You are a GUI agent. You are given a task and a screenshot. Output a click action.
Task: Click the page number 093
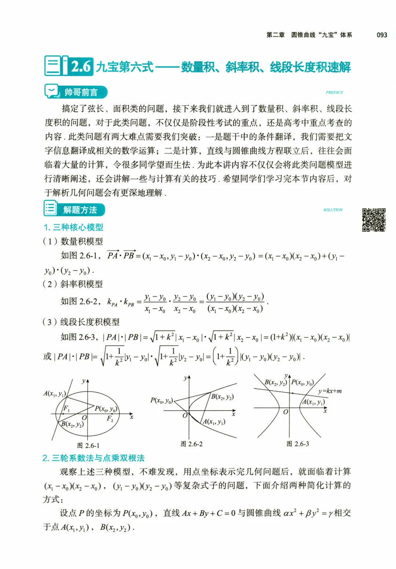tap(382, 35)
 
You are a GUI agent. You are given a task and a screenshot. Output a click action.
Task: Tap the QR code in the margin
tap(374, 220)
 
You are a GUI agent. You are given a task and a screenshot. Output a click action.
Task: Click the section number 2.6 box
tap(81, 66)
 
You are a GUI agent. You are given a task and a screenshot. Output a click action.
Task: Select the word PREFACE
tap(334, 92)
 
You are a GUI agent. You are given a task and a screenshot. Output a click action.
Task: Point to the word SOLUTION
tap(333, 210)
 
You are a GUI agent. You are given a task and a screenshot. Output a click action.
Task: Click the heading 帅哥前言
tap(81, 92)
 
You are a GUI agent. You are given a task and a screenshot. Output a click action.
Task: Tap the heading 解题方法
tap(80, 210)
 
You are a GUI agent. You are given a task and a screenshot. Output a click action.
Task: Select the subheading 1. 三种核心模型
tap(73, 227)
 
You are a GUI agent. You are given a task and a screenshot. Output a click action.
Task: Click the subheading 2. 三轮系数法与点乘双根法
tap(93, 458)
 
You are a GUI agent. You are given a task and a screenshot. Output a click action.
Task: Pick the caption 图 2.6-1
tap(88, 445)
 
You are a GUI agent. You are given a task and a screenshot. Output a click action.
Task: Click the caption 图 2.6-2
tap(191, 444)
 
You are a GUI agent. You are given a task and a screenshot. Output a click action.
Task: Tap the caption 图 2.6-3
tap(297, 444)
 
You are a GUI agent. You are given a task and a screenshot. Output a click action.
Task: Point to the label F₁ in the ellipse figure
tap(66, 408)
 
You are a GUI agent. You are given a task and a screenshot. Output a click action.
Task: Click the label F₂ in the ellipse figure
tap(110, 418)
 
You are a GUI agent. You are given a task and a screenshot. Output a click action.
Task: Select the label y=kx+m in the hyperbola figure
tap(330, 391)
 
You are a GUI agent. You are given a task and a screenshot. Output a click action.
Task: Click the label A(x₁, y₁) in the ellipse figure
tap(54, 393)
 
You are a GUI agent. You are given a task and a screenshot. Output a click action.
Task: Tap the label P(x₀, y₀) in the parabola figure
tap(161, 400)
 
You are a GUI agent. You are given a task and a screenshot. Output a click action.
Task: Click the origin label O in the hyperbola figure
tap(286, 412)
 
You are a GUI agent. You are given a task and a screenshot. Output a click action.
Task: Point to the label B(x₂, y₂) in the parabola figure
tap(222, 396)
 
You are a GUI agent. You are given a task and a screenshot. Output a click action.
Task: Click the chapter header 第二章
tap(275, 35)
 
